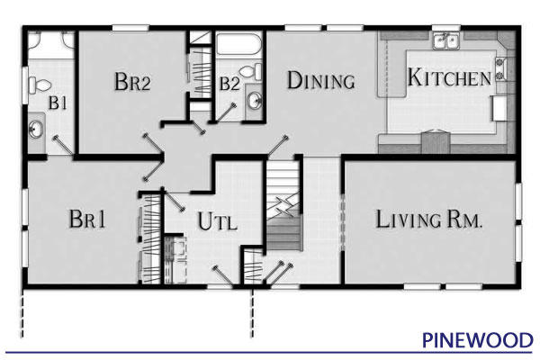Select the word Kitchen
[449, 77]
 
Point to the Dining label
[320, 80]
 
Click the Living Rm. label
[430, 219]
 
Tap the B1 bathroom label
[58, 103]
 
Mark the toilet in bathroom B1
[40, 85]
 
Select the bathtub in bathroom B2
[238, 45]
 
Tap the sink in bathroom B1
[37, 130]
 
